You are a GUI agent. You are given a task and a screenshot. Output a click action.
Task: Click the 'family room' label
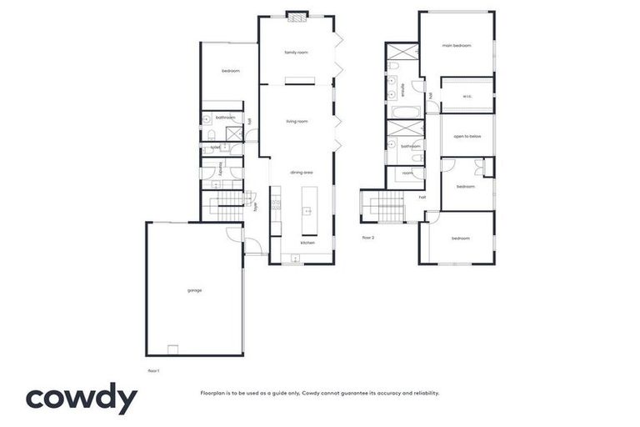(x=296, y=53)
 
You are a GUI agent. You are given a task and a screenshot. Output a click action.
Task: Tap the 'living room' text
(x=297, y=122)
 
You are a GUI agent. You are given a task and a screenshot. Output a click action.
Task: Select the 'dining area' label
(x=301, y=172)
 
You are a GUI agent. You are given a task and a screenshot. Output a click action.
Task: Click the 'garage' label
(x=194, y=290)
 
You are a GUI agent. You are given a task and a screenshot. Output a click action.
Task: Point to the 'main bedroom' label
(x=457, y=46)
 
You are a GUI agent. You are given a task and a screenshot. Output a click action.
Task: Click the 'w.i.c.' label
(x=467, y=96)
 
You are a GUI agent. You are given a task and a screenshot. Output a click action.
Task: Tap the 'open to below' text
(x=467, y=136)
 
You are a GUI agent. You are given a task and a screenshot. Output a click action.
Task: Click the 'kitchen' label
(x=307, y=243)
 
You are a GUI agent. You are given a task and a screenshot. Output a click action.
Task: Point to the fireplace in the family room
(x=297, y=14)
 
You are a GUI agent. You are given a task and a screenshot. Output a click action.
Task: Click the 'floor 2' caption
(x=368, y=238)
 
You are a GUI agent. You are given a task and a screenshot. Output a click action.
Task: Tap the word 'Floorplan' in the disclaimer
(x=214, y=393)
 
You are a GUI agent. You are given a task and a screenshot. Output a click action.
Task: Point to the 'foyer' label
(x=256, y=206)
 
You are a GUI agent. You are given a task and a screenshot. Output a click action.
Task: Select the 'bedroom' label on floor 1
(x=230, y=71)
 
